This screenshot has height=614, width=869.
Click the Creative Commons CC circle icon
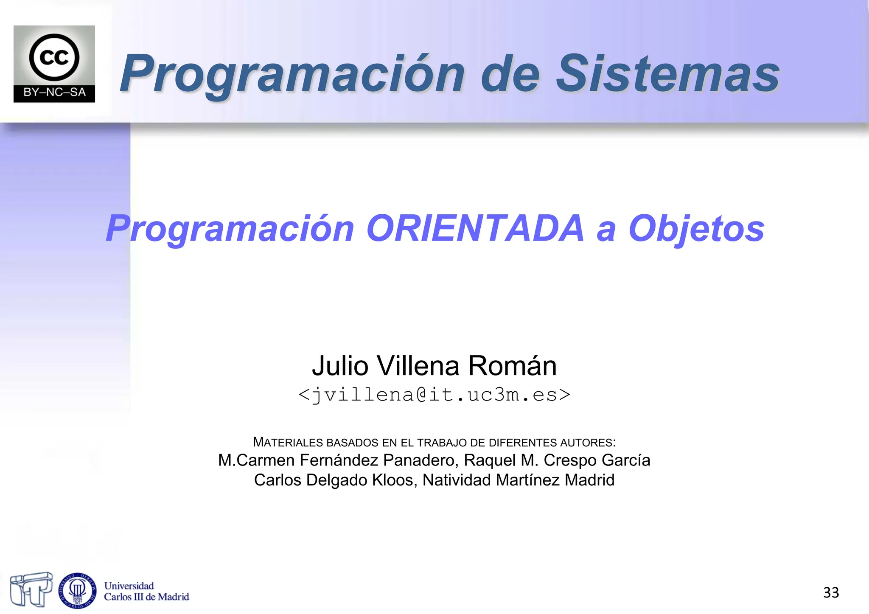[x=54, y=57]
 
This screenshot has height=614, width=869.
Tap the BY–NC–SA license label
[x=54, y=93]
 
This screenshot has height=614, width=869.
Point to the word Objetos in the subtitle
[x=696, y=229]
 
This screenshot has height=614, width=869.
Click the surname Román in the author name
[x=512, y=365]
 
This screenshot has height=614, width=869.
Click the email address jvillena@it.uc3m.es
[x=434, y=395]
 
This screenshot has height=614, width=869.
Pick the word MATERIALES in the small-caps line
[x=289, y=442]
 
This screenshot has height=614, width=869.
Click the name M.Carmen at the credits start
[x=256, y=460]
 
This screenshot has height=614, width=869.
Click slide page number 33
[x=831, y=592]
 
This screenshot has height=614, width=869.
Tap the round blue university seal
[x=77, y=590]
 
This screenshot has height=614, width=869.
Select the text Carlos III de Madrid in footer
[x=146, y=597]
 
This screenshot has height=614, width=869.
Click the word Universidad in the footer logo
[x=129, y=586]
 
